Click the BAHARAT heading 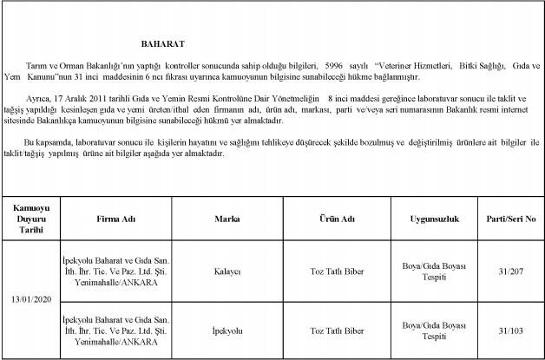[x=162, y=43]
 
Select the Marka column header [x=227, y=219]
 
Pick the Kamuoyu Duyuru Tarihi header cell [x=32, y=219]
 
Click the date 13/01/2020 [x=32, y=299]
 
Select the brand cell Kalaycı [x=227, y=270]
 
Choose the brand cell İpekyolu [x=227, y=331]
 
